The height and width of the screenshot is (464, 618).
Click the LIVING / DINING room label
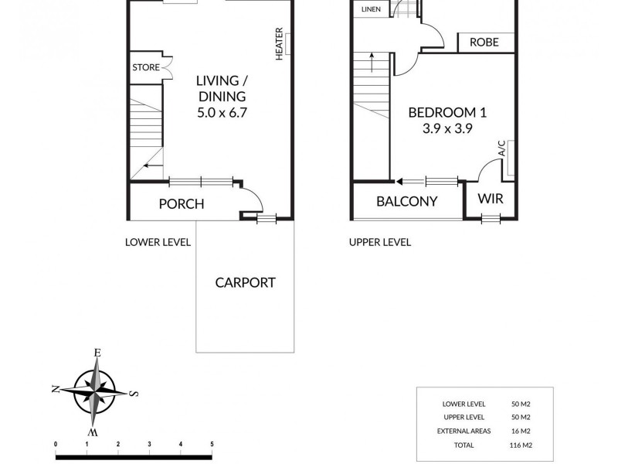pos(221,89)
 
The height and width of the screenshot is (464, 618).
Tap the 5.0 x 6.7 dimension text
pos(221,113)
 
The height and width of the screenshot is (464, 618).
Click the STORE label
pos(145,68)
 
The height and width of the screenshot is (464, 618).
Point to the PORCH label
pos(181,204)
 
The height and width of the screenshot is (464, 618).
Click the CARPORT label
pos(245,282)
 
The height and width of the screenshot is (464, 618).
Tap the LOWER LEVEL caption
pos(158,242)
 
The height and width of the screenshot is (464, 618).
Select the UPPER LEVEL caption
pos(379,242)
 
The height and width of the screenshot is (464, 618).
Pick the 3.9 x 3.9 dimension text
pos(440,129)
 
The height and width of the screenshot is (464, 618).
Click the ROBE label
pos(484,43)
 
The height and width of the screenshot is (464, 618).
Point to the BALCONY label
pos(407,202)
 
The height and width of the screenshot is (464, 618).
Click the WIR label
pos(490,199)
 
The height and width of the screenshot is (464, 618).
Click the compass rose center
pos(96,391)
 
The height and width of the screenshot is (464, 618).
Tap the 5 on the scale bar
pos(212,444)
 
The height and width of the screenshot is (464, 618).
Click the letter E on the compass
pos(97,353)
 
